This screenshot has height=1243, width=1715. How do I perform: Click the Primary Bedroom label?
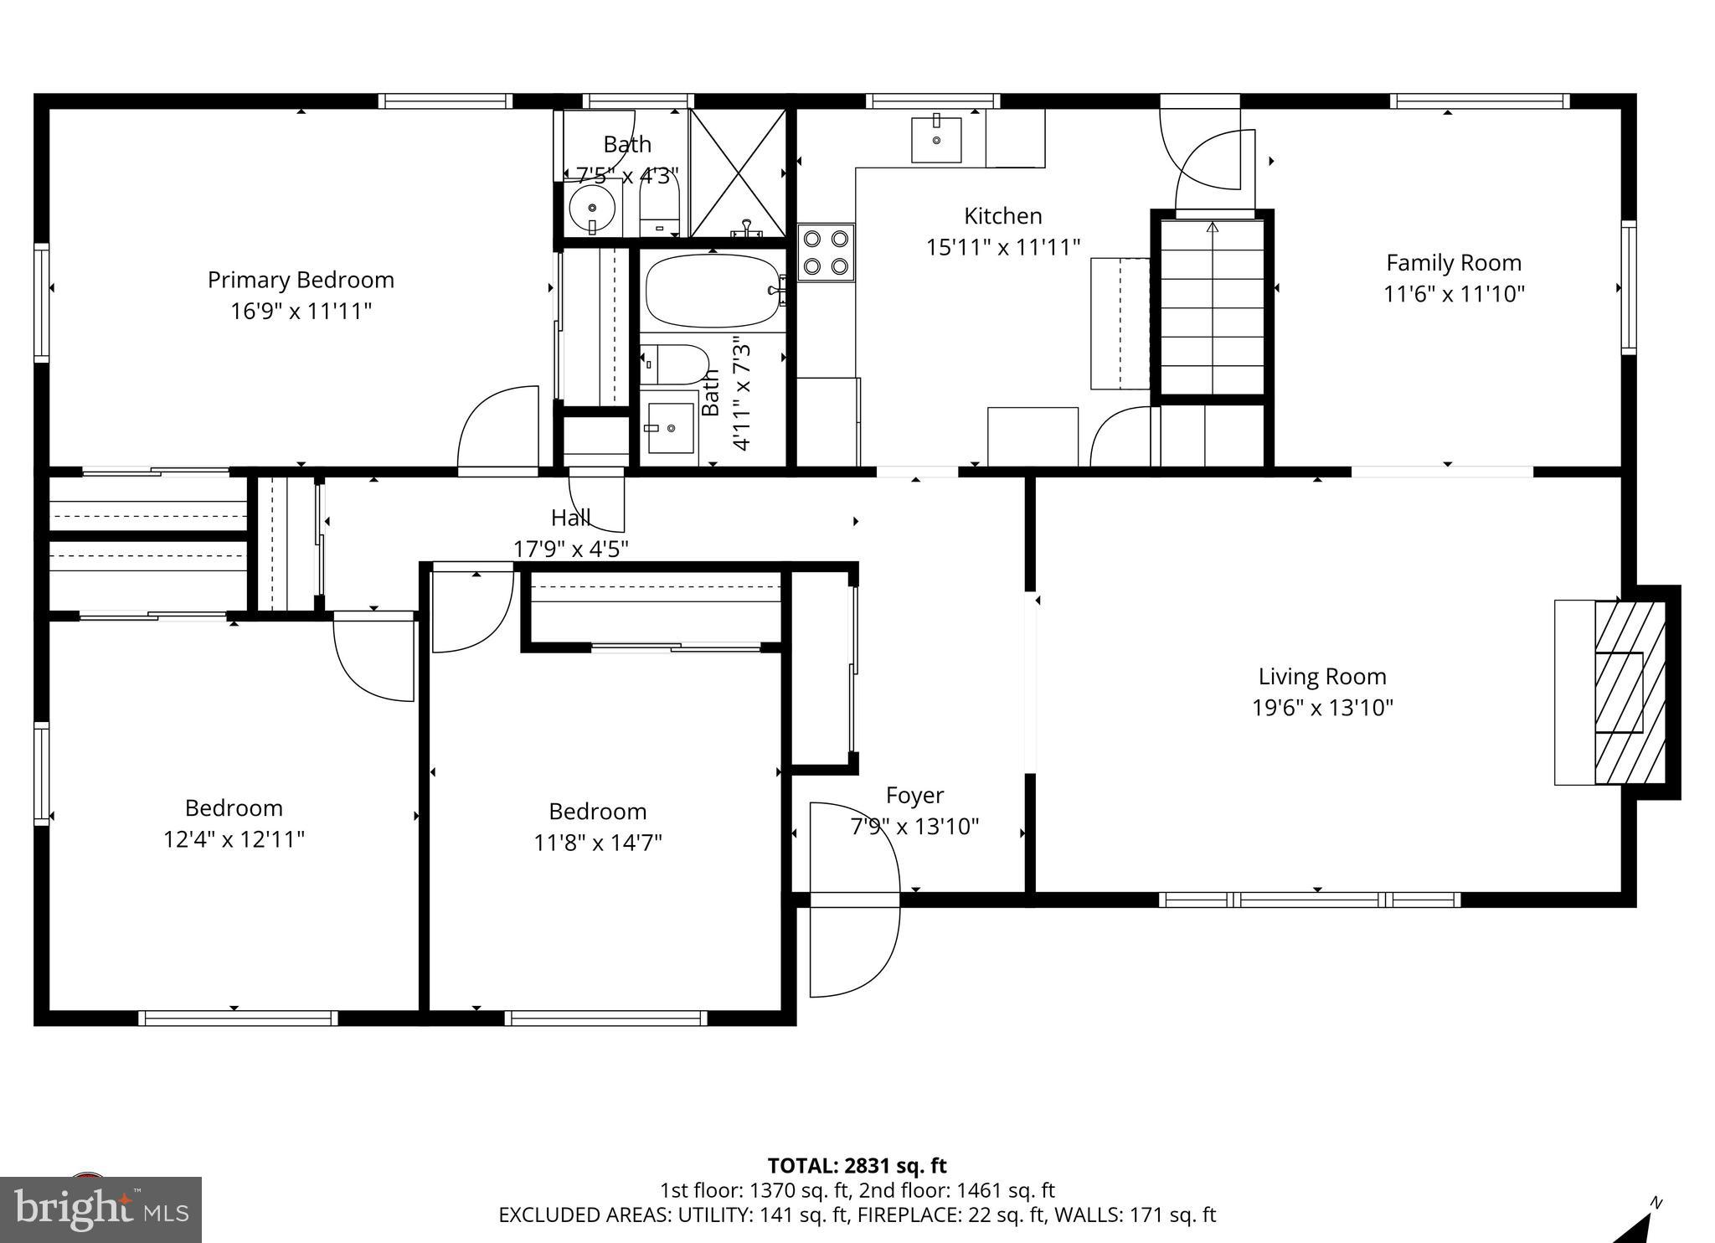point(301,280)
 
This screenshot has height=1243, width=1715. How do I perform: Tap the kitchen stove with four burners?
point(826,252)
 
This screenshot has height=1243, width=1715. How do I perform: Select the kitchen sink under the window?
point(936,140)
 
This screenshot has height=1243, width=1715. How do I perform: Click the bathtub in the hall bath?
point(712,291)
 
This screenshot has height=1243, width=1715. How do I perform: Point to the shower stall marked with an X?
point(737,173)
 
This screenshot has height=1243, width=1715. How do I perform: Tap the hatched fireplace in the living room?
point(1628,692)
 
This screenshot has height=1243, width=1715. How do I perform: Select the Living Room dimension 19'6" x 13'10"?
point(1322,708)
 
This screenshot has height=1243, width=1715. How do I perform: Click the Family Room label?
point(1453,263)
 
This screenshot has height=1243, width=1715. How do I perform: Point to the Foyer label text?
point(914,795)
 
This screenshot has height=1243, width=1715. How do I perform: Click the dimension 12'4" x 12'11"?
point(234,839)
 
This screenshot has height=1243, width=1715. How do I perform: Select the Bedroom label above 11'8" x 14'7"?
point(597,811)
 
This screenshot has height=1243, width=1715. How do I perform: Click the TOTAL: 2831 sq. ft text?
point(857,1165)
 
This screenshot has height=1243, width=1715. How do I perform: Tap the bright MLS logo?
point(100,1209)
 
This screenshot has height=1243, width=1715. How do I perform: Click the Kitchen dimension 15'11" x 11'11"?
point(1002,247)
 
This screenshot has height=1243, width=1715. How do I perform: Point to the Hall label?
point(570,518)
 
